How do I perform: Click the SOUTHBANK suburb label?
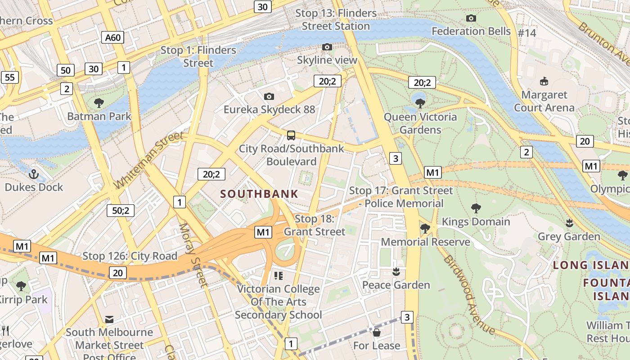tap(259, 194)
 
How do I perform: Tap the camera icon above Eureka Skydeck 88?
tap(269, 96)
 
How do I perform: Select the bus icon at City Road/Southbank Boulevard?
tap(291, 135)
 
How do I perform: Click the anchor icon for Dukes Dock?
tap(34, 174)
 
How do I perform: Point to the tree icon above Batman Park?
tap(99, 103)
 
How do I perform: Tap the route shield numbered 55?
tap(10, 77)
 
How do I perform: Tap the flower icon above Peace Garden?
tap(396, 272)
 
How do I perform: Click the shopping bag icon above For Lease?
tap(376, 333)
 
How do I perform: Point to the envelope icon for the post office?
tap(109, 319)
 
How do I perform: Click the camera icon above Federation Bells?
tap(471, 18)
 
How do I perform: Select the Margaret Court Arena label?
tap(544, 101)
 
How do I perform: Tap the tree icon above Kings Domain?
tap(476, 208)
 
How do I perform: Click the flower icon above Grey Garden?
tap(569, 223)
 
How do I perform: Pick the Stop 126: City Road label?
tap(130, 256)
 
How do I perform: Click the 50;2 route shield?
tap(121, 210)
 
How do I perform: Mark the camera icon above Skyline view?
tap(327, 47)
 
